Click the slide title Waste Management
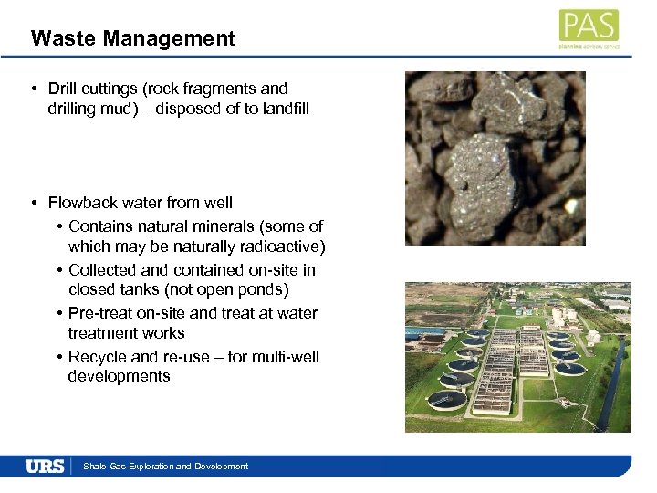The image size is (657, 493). pyautogui.click(x=132, y=38)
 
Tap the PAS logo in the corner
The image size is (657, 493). pyautogui.click(x=589, y=28)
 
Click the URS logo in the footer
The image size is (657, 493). pyautogui.click(x=45, y=467)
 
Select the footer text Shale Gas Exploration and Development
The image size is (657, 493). pyautogui.click(x=165, y=467)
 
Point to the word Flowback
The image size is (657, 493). pyautogui.click(x=85, y=203)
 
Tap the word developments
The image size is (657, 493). pyautogui.click(x=119, y=376)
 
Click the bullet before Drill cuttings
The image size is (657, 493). pyautogui.click(x=32, y=89)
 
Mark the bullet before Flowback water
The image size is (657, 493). pyautogui.click(x=32, y=203)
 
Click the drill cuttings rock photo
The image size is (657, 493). pyautogui.click(x=495, y=158)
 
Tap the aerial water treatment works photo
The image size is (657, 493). pyautogui.click(x=517, y=356)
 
